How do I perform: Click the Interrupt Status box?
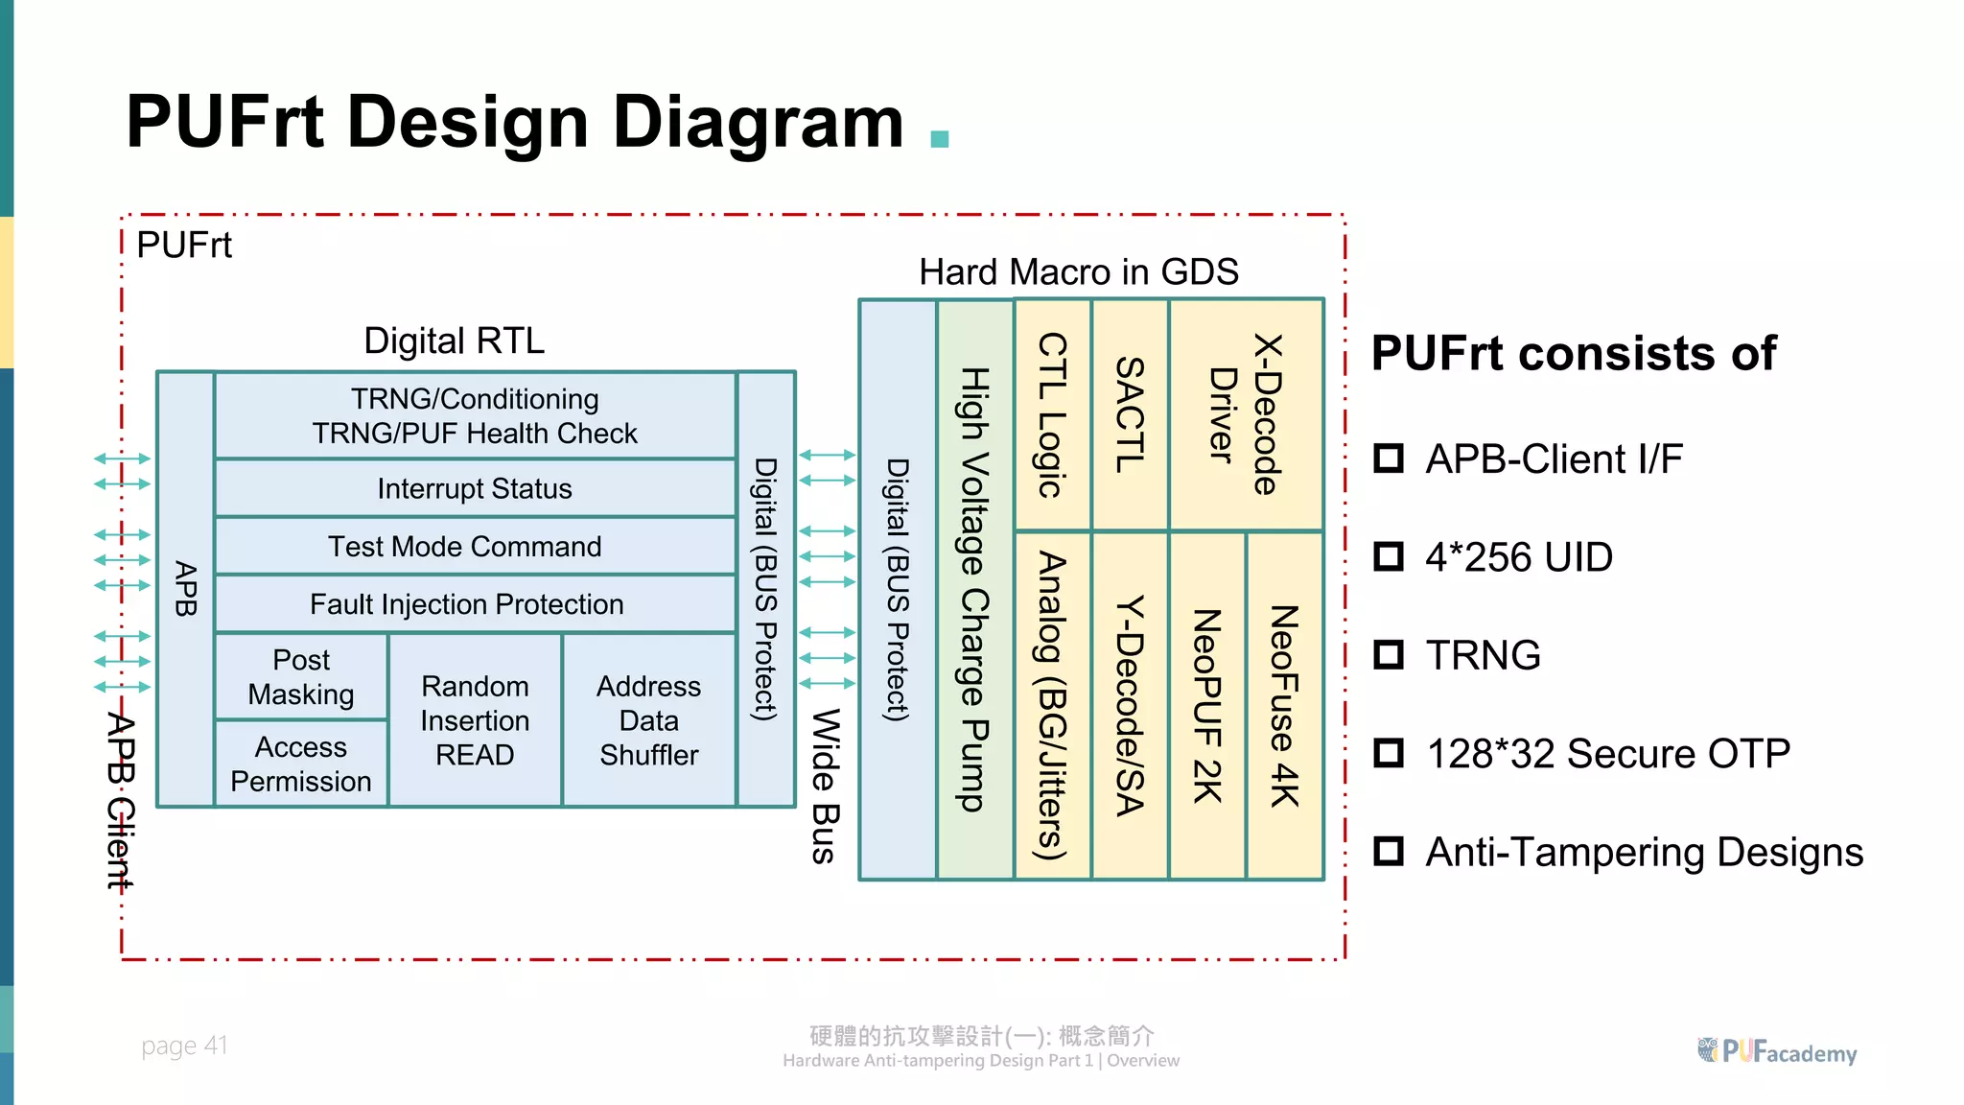pos(475,488)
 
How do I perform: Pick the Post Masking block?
pos(301,676)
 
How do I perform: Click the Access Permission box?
pos(301,764)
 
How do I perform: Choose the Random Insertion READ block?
pos(475,719)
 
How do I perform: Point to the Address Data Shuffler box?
pos(649,719)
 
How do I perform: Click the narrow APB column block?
pos(185,589)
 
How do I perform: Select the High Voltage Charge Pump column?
pos(975,589)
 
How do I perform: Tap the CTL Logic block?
pos(1052,414)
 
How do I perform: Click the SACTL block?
pos(1130,414)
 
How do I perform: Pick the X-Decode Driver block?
pos(1245,414)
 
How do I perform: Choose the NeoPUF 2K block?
pos(1206,705)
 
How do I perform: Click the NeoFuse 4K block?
pos(1284,705)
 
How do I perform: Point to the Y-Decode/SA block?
pos(1130,705)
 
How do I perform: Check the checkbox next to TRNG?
pos(1388,655)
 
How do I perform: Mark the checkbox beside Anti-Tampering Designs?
pos(1388,851)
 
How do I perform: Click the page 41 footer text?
pos(184,1045)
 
